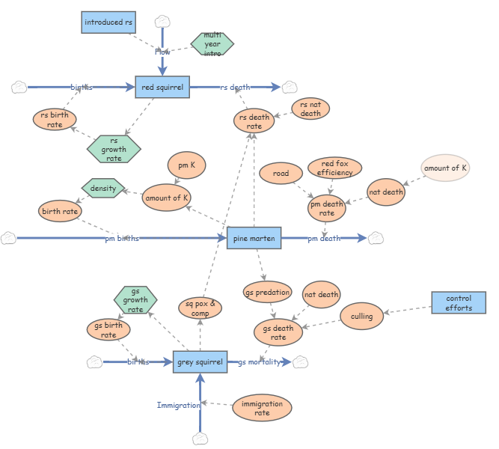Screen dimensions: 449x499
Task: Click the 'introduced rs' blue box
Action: point(108,22)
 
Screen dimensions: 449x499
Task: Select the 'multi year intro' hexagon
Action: point(212,44)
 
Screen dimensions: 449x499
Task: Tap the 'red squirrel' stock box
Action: point(162,88)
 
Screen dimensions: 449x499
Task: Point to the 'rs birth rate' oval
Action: point(55,119)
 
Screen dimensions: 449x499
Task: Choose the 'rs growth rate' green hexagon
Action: point(114,149)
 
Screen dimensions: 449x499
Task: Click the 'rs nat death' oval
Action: point(310,109)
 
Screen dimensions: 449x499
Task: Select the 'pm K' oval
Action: point(186,165)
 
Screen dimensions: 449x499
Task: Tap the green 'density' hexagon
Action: point(102,188)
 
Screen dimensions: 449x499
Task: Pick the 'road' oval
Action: point(281,174)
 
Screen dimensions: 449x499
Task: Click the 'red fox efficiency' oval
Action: point(334,168)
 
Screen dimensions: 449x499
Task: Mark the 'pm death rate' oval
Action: point(327,208)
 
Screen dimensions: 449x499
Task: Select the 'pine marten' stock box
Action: point(254,238)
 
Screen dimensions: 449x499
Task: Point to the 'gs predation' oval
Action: point(267,293)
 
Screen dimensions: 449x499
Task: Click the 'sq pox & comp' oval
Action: point(200,308)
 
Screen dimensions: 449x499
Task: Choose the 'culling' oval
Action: point(361,316)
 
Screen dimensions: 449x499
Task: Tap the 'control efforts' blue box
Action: point(459,303)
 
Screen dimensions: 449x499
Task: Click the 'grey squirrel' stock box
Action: point(200,362)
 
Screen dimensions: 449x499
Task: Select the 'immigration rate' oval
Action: point(262,408)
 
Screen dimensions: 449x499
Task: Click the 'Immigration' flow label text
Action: point(178,406)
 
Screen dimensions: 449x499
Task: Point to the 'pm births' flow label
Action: point(121,239)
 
